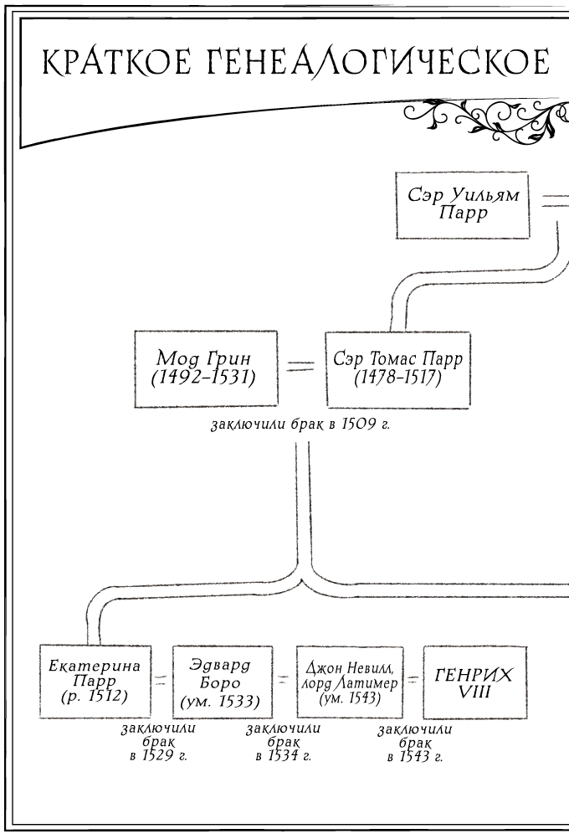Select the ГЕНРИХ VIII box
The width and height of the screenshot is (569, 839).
click(x=474, y=681)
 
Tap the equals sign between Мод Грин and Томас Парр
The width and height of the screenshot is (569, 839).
click(x=300, y=366)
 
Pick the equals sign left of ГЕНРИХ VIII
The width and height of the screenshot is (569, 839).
click(x=412, y=682)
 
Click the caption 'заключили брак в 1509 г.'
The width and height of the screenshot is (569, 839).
click(x=301, y=425)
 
